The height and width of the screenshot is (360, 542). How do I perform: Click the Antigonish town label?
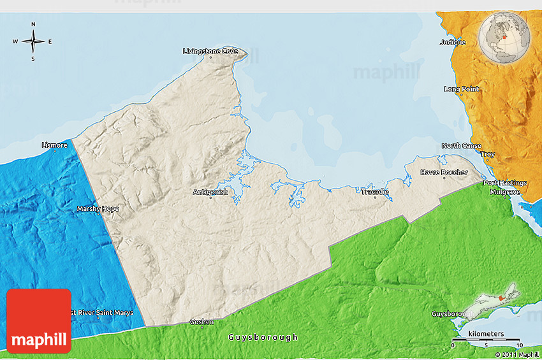click(210, 192)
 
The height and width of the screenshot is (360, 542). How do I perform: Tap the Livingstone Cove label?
click(210, 51)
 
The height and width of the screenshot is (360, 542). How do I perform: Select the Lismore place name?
click(54, 145)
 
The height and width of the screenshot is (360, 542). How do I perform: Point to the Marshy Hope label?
click(98, 208)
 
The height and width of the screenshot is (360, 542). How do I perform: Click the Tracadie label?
click(374, 191)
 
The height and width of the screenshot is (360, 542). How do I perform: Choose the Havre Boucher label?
click(444, 173)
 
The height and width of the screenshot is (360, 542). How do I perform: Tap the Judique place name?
click(453, 43)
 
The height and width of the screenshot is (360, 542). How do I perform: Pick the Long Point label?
click(462, 89)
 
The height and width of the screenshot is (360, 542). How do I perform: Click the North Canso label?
click(461, 146)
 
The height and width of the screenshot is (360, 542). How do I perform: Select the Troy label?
click(488, 155)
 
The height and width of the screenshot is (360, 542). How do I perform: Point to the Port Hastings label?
click(504, 183)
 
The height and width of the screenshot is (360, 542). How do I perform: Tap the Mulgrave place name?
click(505, 191)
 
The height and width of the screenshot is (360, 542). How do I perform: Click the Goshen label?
click(201, 322)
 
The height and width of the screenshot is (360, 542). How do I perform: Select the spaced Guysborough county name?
click(263, 337)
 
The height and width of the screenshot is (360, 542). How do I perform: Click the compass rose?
click(33, 42)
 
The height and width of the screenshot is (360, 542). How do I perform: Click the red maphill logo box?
click(39, 320)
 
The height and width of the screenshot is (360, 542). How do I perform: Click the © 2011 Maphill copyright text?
click(519, 354)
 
